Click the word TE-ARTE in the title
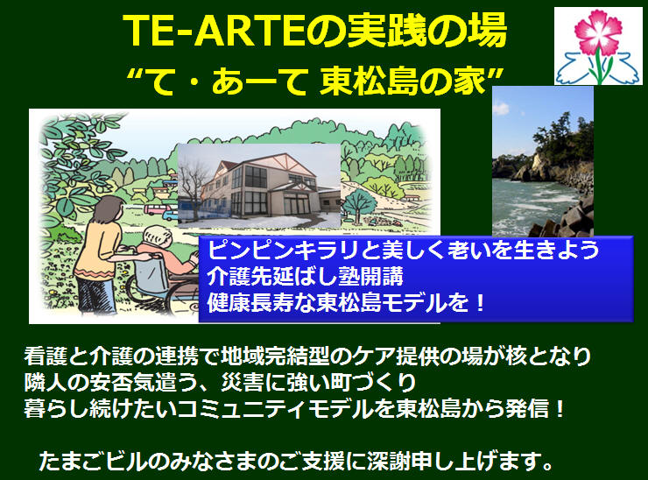pos(214,31)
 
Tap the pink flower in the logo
pos(598,32)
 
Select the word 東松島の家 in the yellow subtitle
pos(402,81)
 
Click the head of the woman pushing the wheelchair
pos(108,210)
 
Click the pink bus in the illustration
pos(156,209)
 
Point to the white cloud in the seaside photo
pos(500,109)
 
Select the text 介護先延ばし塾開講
pos(305,276)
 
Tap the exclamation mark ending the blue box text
pos(479,303)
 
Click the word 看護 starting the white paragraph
pos(46,356)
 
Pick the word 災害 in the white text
pos(243,383)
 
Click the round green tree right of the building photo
pos(360,202)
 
